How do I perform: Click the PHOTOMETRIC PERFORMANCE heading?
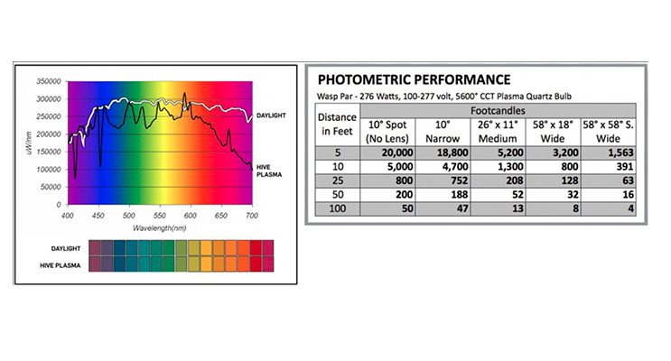(415, 79)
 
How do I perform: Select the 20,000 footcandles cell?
(388, 153)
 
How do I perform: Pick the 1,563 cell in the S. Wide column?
(610, 153)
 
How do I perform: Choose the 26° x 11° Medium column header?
(499, 130)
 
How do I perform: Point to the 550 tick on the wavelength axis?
(159, 218)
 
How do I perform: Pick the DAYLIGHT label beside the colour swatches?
(69, 246)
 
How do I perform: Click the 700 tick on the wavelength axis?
(252, 218)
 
